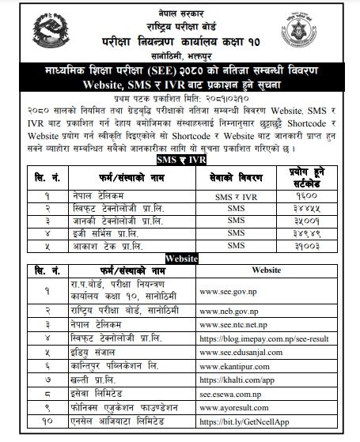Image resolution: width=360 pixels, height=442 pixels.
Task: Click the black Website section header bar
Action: pos(180,257)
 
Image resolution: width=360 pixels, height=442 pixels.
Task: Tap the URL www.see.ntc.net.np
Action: pos(236,324)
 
